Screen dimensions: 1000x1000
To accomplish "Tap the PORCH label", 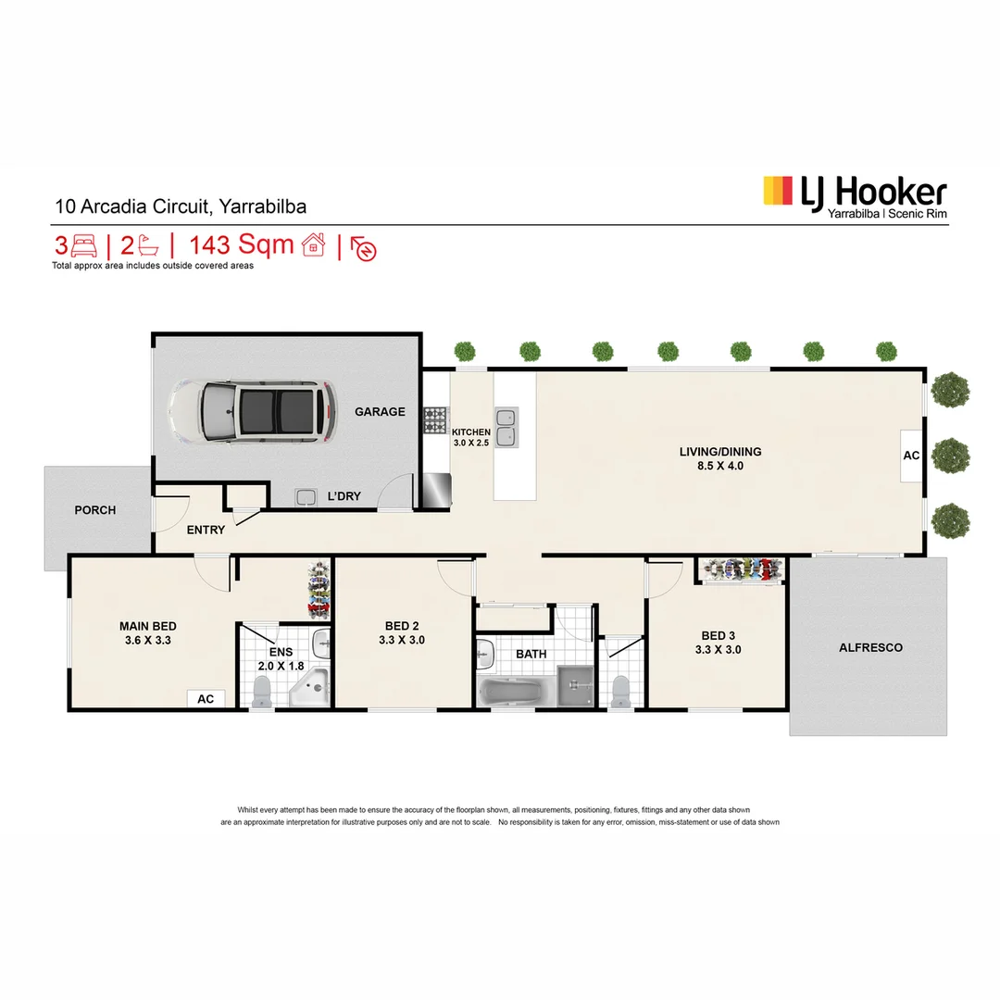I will [95, 510].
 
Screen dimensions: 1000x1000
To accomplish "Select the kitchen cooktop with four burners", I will [435, 420].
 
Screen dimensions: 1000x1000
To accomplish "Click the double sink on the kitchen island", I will [506, 427].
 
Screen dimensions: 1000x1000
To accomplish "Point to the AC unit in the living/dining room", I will [910, 456].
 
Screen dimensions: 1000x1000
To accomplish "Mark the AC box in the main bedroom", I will [206, 699].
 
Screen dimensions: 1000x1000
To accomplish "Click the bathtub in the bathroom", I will [513, 691].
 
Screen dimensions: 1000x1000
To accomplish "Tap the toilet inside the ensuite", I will [261, 690].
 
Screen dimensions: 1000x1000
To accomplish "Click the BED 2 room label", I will [401, 625].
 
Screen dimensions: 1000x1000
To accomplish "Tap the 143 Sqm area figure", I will [242, 245].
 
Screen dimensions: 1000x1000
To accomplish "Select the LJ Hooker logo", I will [854, 195].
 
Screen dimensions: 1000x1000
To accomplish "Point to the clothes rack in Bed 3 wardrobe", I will [741, 570].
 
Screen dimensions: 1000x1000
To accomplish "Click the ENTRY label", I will [206, 530].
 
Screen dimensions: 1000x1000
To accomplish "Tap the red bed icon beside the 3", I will [83, 245].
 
